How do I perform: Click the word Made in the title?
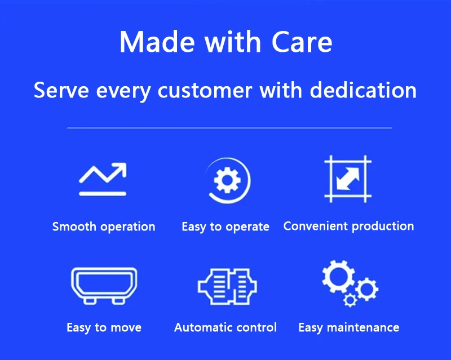click(x=157, y=42)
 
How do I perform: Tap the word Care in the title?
click(x=302, y=42)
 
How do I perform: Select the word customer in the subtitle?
click(x=205, y=91)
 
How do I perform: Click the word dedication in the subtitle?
click(x=363, y=90)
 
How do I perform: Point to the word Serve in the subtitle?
click(x=61, y=90)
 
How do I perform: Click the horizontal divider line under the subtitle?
click(x=229, y=128)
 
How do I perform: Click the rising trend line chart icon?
click(x=103, y=179)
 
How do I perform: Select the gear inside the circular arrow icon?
click(x=227, y=180)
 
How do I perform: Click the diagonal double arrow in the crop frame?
click(x=348, y=179)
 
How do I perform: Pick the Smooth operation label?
click(x=104, y=227)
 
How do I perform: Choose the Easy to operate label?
click(x=225, y=227)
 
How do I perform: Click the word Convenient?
click(x=316, y=226)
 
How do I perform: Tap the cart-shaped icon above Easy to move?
click(x=104, y=286)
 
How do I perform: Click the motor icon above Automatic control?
click(x=227, y=287)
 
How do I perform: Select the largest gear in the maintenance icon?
click(x=338, y=276)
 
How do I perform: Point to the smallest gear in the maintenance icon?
click(x=350, y=300)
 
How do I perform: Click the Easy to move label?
click(x=104, y=328)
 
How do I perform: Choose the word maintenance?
click(x=363, y=327)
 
